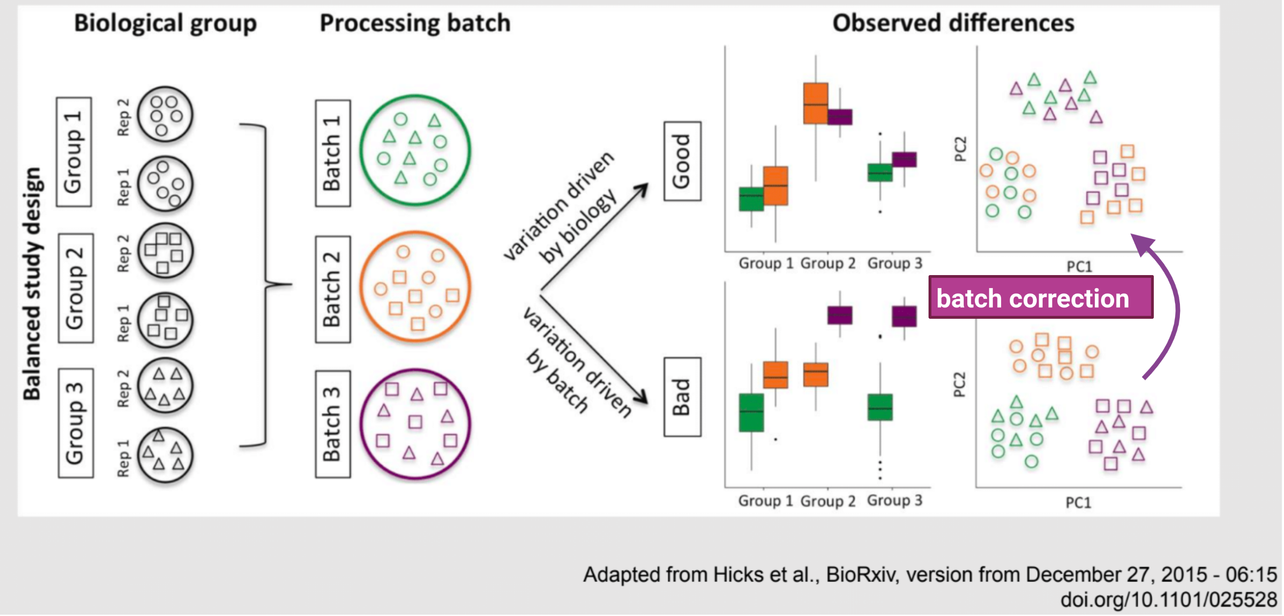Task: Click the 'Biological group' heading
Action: [x=165, y=24]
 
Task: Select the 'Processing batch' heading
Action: [x=415, y=23]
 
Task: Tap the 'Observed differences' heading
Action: [x=953, y=23]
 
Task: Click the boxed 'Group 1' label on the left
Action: [x=74, y=152]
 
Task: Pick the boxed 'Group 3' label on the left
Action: [x=76, y=423]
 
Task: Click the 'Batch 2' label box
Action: [x=333, y=290]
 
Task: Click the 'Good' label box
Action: [x=683, y=161]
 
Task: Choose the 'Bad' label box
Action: [x=683, y=397]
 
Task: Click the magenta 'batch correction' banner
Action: [x=1041, y=297]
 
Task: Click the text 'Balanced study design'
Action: [x=33, y=283]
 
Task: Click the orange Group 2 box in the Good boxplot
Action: [x=815, y=103]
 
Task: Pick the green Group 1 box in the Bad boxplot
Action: [x=751, y=413]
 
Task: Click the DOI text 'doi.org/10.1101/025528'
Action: [x=1169, y=599]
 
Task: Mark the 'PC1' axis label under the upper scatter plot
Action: [x=1079, y=267]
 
